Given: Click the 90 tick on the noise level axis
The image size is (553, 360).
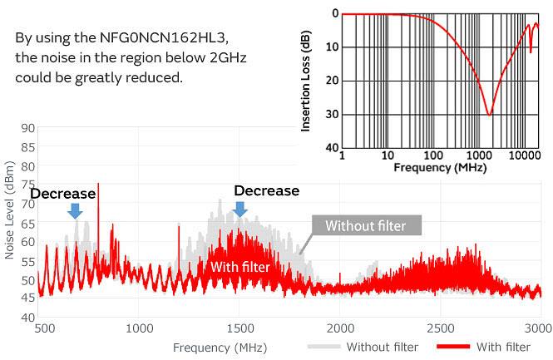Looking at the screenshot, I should click(x=28, y=128).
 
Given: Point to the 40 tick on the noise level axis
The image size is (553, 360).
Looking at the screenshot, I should click(x=28, y=318).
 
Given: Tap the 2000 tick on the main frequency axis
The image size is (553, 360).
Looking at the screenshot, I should click(x=339, y=328).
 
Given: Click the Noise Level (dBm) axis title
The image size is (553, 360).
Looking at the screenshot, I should click(x=9, y=223).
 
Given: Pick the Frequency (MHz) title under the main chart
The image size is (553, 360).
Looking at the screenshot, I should click(x=220, y=347).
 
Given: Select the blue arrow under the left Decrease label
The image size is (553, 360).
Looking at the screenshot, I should click(x=75, y=210).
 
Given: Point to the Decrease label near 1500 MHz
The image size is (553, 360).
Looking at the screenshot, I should click(x=266, y=190).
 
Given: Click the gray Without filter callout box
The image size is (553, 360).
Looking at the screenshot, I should click(x=366, y=225).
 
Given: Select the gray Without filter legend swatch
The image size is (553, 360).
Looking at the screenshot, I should click(x=324, y=347).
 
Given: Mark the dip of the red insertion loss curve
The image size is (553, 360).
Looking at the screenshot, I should click(x=489, y=113).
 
